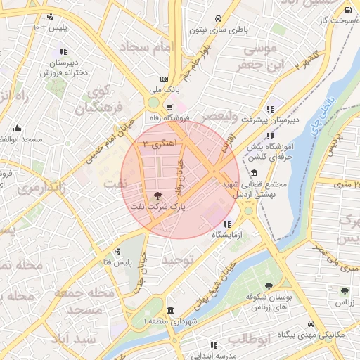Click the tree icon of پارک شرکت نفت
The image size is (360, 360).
[157, 195]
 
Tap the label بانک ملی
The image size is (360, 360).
[164, 90]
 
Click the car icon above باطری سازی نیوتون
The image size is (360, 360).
[219, 18]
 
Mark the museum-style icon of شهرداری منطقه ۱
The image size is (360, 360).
[170, 310]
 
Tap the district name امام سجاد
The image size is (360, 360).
[147, 47]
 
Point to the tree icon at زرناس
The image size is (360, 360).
[344, 291]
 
